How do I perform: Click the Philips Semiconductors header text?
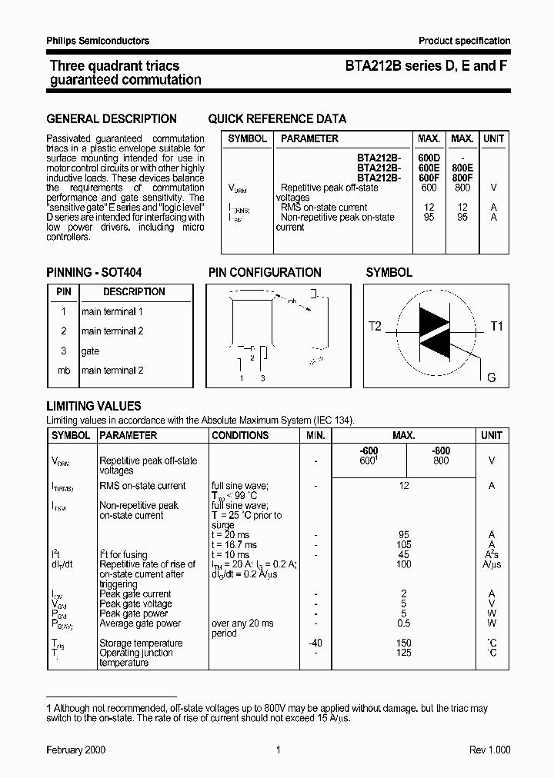coord(98,41)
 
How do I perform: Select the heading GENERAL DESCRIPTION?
coord(112,119)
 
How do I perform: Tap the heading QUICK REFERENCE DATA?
coord(277,119)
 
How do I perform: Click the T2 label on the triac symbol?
coord(375,326)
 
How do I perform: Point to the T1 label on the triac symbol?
coord(496,326)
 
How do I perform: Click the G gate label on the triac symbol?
coord(491,377)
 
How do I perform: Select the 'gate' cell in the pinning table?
coord(91,351)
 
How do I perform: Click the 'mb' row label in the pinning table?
coord(64,371)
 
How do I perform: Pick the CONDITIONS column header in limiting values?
coord(240,435)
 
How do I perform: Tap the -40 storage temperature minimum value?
coord(315,643)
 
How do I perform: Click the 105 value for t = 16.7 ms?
coord(403,545)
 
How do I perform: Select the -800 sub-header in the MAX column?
coord(440,451)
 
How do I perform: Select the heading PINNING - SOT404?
coord(94,273)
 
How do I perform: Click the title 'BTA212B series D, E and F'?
coord(426,67)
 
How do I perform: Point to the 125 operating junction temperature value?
coord(403,653)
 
